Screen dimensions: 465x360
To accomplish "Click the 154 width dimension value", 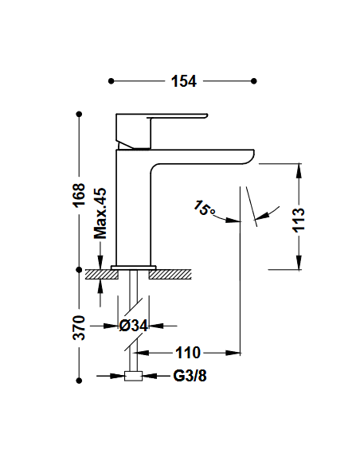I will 182,81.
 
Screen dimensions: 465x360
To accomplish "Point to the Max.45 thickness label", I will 100,213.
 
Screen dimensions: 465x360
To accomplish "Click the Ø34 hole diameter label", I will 133,326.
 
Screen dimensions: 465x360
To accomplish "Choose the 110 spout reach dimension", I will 189,352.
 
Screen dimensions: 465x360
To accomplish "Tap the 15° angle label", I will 204,209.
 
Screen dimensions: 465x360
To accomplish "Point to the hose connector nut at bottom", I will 134,377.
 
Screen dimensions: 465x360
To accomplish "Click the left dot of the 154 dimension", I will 111,80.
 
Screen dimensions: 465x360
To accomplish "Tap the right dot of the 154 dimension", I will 253,80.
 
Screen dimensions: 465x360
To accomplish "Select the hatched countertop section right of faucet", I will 174,275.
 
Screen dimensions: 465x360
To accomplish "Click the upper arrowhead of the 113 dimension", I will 299,170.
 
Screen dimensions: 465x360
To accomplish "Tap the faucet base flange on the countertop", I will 134,267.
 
